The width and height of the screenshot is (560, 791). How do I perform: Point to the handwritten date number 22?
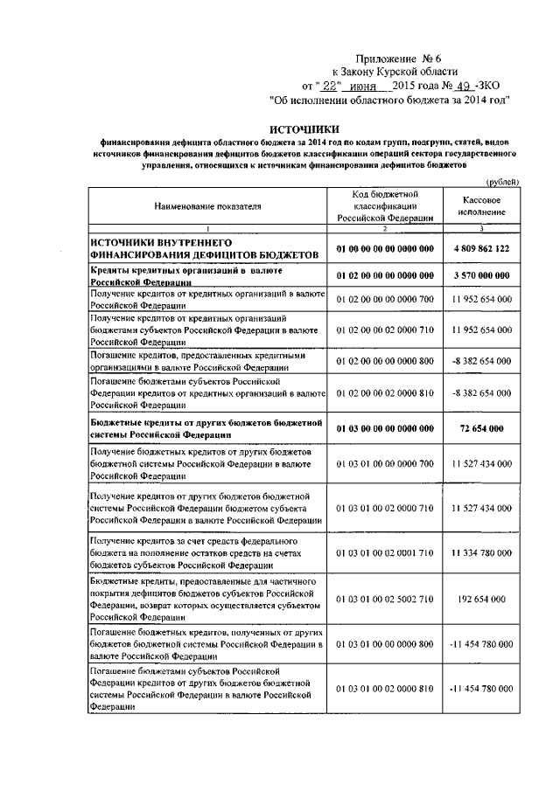pos(329,87)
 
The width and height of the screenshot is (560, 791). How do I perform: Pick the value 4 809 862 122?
pos(482,248)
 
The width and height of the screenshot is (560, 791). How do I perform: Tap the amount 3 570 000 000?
pos(482,276)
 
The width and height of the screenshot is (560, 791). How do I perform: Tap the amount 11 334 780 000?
pos(482,554)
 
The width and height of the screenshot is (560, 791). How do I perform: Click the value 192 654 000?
pos(482,600)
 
